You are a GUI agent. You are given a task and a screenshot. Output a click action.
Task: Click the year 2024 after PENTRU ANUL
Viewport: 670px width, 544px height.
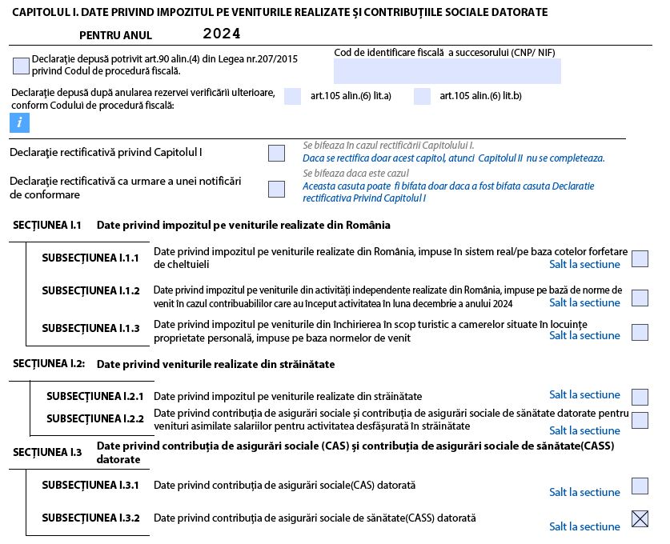(x=222, y=34)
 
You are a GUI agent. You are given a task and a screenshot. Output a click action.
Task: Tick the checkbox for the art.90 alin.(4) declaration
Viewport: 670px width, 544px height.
(x=22, y=66)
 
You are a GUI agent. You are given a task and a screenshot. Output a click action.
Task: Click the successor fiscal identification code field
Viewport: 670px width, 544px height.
(x=447, y=71)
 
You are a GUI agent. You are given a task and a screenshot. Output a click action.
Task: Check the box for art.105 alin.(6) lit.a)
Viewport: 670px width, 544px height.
(x=293, y=96)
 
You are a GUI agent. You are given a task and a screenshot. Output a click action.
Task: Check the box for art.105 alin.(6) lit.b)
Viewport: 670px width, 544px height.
(x=423, y=96)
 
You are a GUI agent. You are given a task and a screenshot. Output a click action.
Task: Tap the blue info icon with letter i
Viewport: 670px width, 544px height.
(x=19, y=122)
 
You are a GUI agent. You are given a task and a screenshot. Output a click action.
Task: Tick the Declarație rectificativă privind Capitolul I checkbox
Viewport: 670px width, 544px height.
(x=276, y=153)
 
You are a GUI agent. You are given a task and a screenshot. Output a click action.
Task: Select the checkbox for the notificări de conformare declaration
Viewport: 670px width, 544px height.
(x=276, y=189)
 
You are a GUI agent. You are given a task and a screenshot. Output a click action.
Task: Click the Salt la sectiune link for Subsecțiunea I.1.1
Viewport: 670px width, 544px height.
(x=584, y=264)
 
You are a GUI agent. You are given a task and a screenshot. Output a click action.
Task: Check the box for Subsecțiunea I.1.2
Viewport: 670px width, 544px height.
(x=640, y=298)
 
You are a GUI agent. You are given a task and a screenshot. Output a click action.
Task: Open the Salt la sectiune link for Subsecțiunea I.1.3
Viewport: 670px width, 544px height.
(x=584, y=335)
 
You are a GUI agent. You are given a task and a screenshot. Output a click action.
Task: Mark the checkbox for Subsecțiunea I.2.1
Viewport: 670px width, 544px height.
(x=640, y=397)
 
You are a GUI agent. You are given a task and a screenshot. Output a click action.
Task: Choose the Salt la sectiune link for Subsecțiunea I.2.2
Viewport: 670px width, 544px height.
(x=584, y=430)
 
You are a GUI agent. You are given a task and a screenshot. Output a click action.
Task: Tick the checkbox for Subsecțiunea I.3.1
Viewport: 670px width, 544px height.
(x=640, y=486)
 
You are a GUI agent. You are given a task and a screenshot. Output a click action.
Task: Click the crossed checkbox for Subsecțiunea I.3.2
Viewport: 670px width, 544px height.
(x=640, y=518)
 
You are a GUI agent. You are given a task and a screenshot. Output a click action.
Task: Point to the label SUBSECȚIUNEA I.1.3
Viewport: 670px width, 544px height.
(x=90, y=328)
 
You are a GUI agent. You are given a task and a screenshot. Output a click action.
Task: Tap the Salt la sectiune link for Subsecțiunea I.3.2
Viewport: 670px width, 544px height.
(x=584, y=526)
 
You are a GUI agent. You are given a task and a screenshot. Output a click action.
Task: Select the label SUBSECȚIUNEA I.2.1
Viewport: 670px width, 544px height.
(x=95, y=396)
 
